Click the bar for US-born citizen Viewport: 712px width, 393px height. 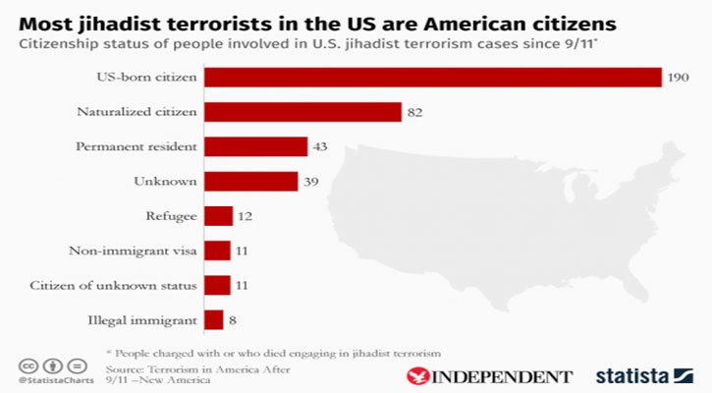(x=432, y=78)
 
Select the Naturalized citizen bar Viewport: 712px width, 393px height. (x=302, y=112)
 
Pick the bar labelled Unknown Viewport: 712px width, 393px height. (x=250, y=181)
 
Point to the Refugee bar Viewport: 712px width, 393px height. (x=218, y=216)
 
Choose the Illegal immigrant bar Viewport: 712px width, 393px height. (x=213, y=319)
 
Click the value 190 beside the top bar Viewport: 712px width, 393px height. (x=680, y=78)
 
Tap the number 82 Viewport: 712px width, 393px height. (x=414, y=112)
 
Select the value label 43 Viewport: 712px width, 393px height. (x=320, y=146)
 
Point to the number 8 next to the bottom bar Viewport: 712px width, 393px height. (x=233, y=319)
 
